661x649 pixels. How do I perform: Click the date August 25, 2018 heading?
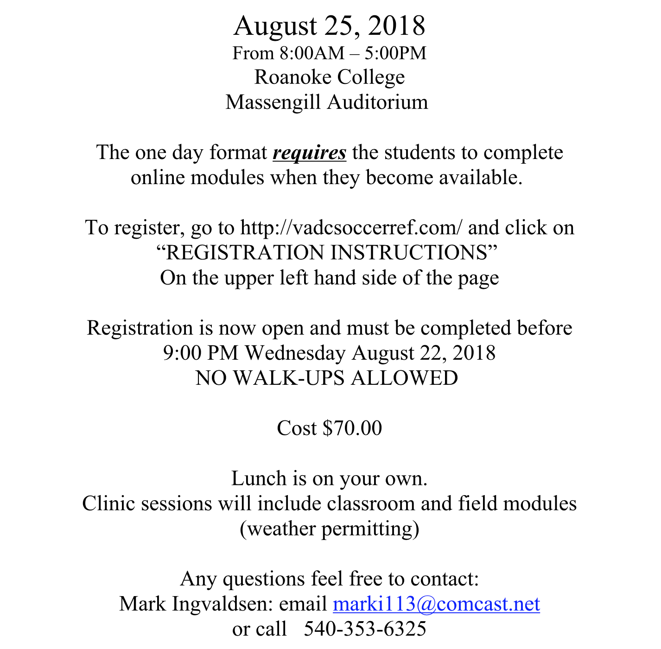[x=330, y=26]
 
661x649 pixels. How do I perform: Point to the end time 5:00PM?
[x=395, y=53]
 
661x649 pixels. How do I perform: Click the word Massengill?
[x=273, y=102]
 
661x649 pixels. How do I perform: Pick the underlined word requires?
[x=310, y=153]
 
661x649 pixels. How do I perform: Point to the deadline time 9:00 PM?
[x=200, y=353]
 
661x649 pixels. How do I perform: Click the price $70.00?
[x=352, y=428]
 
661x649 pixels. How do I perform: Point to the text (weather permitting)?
[x=330, y=528]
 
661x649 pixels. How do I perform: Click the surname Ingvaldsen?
[x=220, y=604]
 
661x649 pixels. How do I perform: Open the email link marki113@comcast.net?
[x=436, y=604]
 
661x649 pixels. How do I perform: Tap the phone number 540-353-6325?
[x=365, y=629]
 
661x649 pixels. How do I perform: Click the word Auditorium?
[x=377, y=102]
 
